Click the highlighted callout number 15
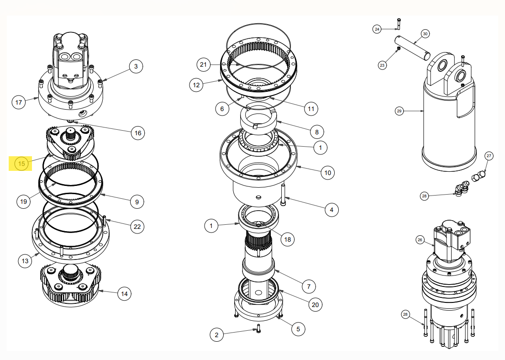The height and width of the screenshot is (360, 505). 21,163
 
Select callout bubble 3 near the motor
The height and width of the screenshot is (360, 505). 136,66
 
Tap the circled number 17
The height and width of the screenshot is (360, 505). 19,102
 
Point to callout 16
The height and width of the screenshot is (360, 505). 137,133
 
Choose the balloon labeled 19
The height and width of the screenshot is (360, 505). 23,201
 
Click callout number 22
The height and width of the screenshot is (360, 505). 137,226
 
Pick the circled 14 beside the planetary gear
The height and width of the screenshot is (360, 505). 124,294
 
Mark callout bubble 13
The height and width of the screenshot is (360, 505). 25,261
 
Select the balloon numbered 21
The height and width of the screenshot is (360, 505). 204,64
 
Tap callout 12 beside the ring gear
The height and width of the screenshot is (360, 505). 197,85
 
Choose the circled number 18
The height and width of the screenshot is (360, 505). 287,239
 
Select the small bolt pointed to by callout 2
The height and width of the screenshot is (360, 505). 258,328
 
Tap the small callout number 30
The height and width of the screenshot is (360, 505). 425,34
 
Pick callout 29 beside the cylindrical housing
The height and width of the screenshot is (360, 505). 399,111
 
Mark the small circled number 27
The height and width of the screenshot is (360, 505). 489,156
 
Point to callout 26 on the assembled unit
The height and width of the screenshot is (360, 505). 420,239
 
